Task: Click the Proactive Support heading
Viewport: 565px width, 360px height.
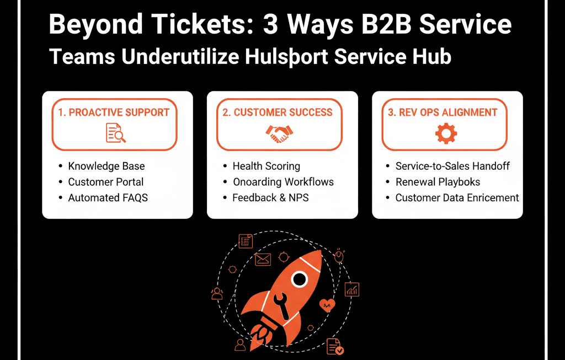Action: (x=114, y=112)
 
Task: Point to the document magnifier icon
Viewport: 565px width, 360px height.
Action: (x=115, y=133)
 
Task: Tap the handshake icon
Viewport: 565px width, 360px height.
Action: (x=280, y=133)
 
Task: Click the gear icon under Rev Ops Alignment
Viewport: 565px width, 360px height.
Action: (x=445, y=133)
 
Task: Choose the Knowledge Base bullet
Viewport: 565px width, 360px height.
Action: (x=106, y=166)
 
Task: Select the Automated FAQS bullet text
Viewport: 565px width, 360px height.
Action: (x=108, y=197)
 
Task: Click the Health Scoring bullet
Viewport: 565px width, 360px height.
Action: (x=266, y=166)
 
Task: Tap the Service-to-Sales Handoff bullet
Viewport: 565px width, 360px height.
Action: (x=452, y=166)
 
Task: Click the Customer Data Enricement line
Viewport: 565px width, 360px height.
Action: (x=457, y=197)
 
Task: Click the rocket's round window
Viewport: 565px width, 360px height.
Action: (x=299, y=280)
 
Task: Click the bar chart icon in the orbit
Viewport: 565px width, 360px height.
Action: (x=351, y=289)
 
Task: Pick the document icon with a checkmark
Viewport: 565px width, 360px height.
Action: (x=335, y=346)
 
